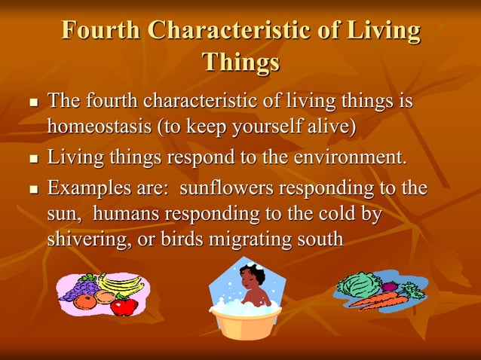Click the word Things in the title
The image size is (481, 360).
tap(240, 62)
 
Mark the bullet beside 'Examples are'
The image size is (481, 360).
tap(32, 188)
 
